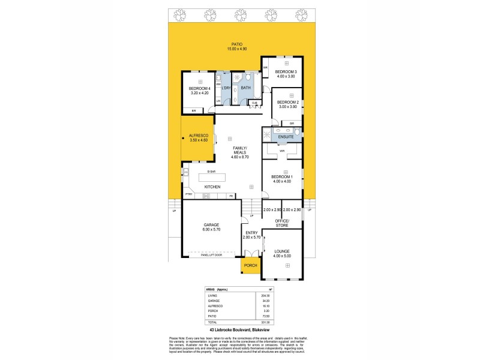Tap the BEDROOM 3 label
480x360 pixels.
286,72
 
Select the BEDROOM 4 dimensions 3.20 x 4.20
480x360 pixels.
199,94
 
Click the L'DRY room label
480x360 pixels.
226,89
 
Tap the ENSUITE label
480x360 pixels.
286,137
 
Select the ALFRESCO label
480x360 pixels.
198,136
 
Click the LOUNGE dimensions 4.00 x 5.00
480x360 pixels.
282,256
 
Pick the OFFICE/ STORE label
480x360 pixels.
282,223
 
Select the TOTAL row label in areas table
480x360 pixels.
212,322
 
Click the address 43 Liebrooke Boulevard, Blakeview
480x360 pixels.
239,329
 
